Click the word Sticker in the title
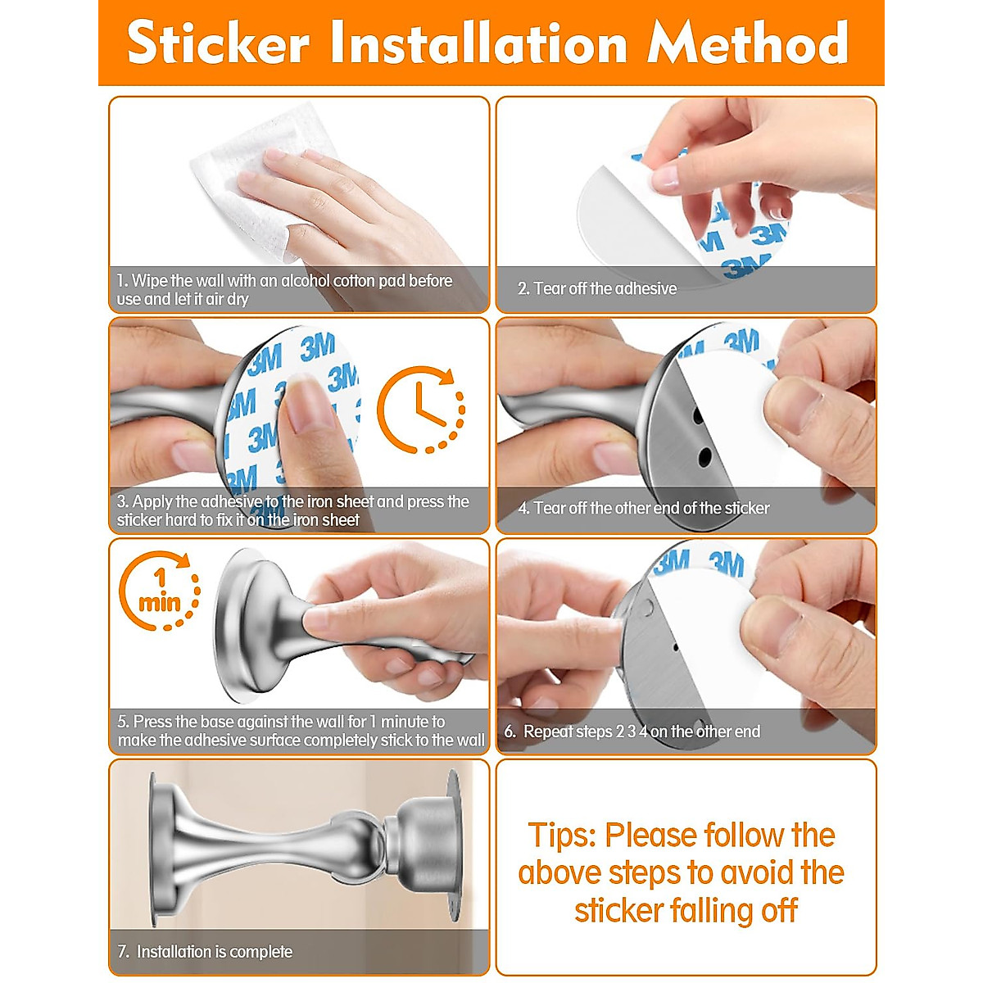(x=219, y=43)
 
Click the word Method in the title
(x=747, y=43)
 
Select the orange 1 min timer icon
(x=159, y=591)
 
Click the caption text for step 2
(x=596, y=288)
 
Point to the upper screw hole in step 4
(x=699, y=416)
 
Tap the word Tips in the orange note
(x=561, y=836)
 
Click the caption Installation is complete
(x=214, y=952)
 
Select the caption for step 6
(x=632, y=732)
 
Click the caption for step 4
(x=643, y=508)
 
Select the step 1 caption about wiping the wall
(x=284, y=290)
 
